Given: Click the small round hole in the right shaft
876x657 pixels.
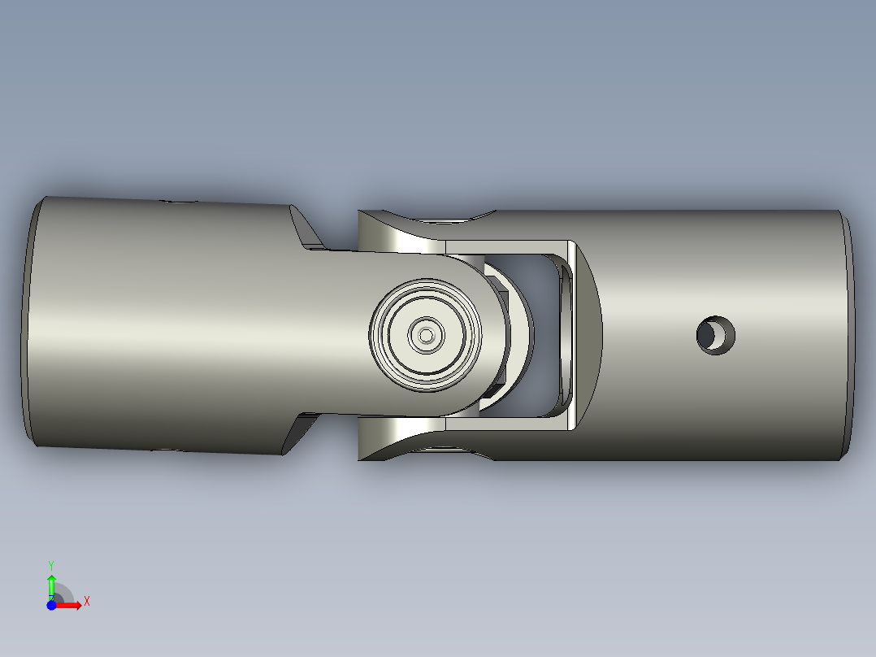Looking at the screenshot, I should (x=716, y=334).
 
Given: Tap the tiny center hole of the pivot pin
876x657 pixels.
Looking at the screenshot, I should (x=425, y=334).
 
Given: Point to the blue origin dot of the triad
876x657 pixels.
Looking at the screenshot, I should (x=51, y=605).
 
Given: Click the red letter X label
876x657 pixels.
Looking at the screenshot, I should (x=87, y=602).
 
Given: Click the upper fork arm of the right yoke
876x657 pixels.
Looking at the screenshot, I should (x=406, y=232).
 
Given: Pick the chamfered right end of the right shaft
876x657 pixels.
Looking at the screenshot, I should (x=850, y=334).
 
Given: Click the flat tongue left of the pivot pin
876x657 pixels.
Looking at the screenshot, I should (x=341, y=334).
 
